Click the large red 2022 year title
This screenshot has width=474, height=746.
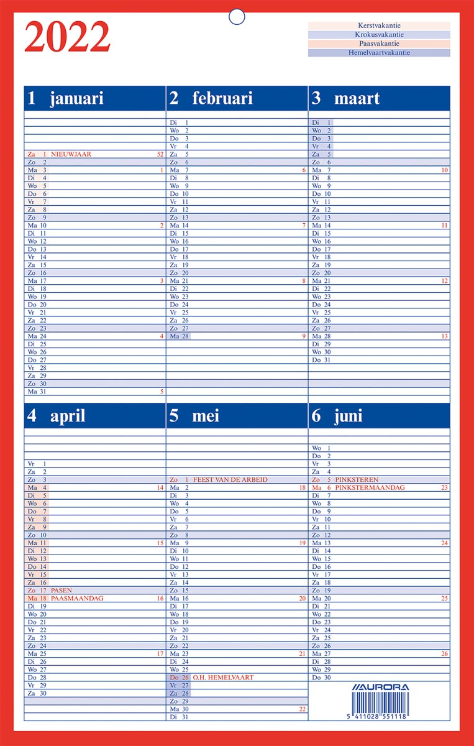click(67, 37)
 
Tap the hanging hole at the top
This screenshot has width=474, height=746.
click(237, 17)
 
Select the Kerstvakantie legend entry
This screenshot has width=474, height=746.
click(379, 26)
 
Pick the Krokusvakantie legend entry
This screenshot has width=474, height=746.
click(379, 35)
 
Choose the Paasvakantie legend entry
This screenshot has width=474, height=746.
click(379, 44)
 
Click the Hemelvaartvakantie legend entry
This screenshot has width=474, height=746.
click(379, 53)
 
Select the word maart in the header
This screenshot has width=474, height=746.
click(357, 98)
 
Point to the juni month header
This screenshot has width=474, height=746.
click(348, 416)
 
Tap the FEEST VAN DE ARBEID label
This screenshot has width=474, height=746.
click(230, 480)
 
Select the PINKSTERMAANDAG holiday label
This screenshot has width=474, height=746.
click(370, 488)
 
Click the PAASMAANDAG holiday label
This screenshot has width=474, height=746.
click(77, 599)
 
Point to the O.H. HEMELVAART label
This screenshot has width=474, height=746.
click(223, 678)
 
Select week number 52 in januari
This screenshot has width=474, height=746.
click(160, 154)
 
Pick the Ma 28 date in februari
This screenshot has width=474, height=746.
click(179, 336)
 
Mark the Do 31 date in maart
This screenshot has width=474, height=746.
click(321, 360)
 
